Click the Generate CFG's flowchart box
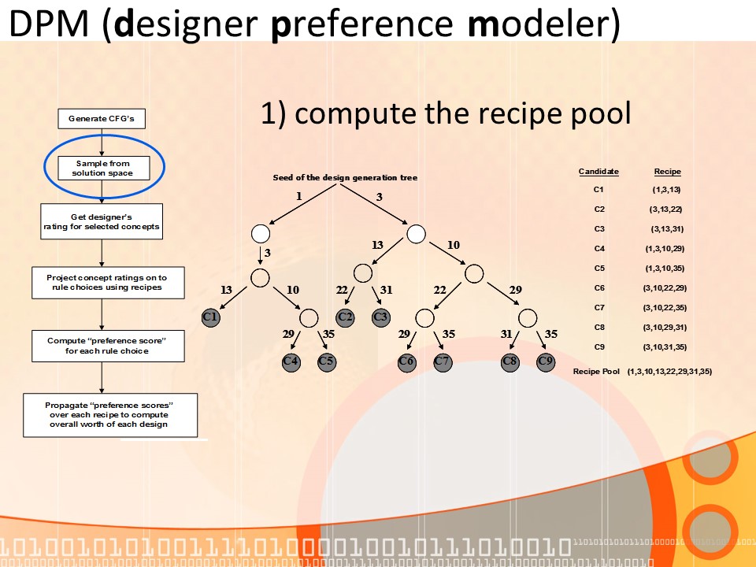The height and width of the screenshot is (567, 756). click(x=102, y=119)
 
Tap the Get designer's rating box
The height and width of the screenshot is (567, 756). click(x=102, y=222)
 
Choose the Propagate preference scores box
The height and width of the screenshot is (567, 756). click(x=110, y=415)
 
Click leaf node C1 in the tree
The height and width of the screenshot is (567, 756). click(x=210, y=317)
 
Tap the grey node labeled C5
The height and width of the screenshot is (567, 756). click(x=326, y=361)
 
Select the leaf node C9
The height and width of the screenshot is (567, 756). click(x=546, y=361)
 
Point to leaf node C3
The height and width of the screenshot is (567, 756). click(x=381, y=317)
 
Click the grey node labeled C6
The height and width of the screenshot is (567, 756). click(x=406, y=361)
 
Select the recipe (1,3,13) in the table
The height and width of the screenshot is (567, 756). click(x=666, y=190)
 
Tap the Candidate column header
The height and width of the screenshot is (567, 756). click(x=598, y=172)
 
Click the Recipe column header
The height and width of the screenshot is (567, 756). click(x=667, y=172)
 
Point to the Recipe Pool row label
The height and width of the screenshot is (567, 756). click(x=596, y=371)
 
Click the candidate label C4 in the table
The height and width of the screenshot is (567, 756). click(x=598, y=248)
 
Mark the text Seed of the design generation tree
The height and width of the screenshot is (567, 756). click(x=345, y=177)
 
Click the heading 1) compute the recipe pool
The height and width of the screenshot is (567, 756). click(x=446, y=114)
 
